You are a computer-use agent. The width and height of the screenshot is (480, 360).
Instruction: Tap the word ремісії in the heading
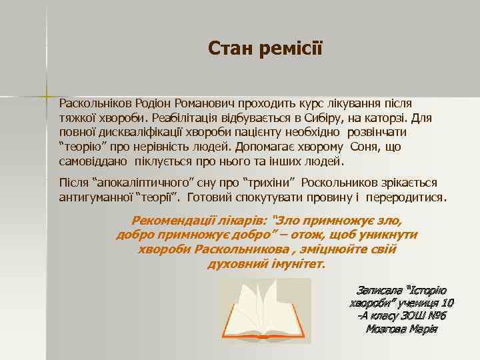pos(289,48)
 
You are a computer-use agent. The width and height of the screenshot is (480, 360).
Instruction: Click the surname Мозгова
pos(388,329)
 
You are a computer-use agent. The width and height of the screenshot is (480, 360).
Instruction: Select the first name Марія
pos(423,329)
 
